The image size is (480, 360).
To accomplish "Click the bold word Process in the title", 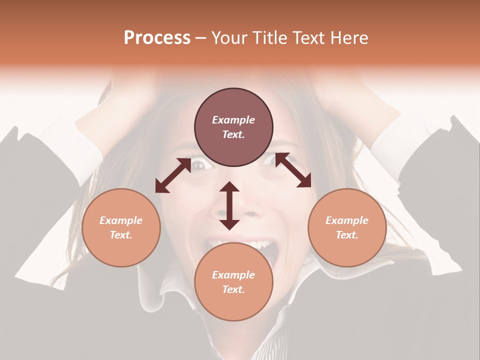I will [157, 38].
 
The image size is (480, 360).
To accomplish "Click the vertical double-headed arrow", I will [229, 205].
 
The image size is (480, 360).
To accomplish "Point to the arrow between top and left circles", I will [173, 175].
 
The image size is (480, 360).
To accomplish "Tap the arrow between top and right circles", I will [293, 170].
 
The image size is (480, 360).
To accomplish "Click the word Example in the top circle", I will [233, 120].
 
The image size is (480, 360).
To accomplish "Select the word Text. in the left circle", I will [121, 235].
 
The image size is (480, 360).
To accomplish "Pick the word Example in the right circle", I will [347, 220].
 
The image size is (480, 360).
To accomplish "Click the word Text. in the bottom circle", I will [233, 289].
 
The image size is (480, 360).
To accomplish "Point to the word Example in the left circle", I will [121, 220].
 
